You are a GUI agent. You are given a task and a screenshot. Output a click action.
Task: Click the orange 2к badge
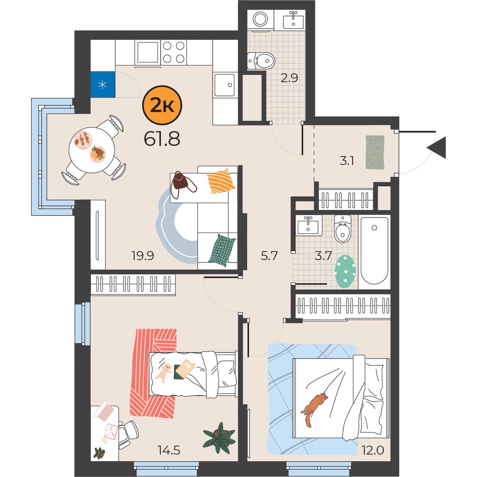(162, 105)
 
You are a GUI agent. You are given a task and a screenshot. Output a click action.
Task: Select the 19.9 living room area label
(143, 256)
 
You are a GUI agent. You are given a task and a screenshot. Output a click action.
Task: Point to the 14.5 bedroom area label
(169, 450)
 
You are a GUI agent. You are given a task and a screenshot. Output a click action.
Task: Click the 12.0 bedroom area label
(373, 450)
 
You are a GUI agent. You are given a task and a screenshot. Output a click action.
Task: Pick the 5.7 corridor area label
(270, 256)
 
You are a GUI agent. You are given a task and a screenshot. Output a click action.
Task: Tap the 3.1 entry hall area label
(347, 161)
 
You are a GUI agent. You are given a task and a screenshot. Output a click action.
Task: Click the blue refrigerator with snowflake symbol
(103, 85)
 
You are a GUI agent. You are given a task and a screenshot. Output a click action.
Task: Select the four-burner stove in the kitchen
(174, 52)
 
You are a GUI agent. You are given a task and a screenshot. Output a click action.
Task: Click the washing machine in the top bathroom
(260, 20)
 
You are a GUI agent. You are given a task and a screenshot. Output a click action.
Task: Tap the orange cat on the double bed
(314, 409)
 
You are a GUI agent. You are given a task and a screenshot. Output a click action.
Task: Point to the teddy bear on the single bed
(163, 372)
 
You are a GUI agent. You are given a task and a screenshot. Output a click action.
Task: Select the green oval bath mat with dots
(345, 271)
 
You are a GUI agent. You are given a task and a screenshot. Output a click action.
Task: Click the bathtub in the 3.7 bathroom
(374, 250)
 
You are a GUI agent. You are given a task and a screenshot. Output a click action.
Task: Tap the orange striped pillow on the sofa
(221, 181)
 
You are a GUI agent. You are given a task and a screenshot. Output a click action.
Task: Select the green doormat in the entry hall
(375, 152)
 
